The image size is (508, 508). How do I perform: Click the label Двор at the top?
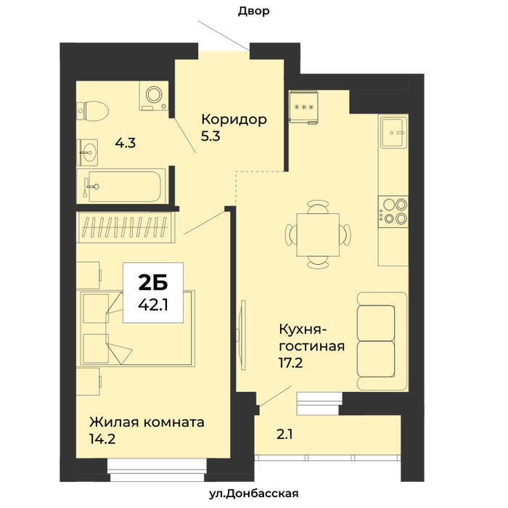pyautogui.click(x=254, y=11)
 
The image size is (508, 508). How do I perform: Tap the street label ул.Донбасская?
pyautogui.click(x=254, y=493)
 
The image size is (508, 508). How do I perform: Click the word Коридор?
pyautogui.click(x=234, y=119)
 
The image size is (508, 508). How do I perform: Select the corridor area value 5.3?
pyautogui.click(x=210, y=136)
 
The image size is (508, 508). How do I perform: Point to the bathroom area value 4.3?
pyautogui.click(x=126, y=143)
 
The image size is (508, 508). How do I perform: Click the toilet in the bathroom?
pyautogui.click(x=93, y=111)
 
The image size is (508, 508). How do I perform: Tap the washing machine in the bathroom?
pyautogui.click(x=154, y=96)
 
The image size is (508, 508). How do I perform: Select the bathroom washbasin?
pyautogui.click(x=88, y=152)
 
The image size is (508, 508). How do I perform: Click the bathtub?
pyautogui.click(x=122, y=187)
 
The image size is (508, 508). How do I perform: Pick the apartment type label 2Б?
pyautogui.click(x=153, y=282)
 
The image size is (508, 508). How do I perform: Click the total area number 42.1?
pyautogui.click(x=153, y=305)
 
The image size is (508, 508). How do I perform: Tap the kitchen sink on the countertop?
pyautogui.click(x=393, y=132)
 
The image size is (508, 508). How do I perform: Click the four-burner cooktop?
pyautogui.click(x=393, y=212)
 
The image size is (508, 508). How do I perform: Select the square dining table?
pyautogui.click(x=318, y=235)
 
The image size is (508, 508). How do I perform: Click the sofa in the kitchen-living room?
pyautogui.click(x=382, y=341)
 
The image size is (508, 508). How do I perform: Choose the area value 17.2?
pyautogui.click(x=290, y=363)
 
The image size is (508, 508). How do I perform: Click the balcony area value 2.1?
pyautogui.click(x=284, y=435)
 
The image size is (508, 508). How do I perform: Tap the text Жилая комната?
pyautogui.click(x=147, y=422)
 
